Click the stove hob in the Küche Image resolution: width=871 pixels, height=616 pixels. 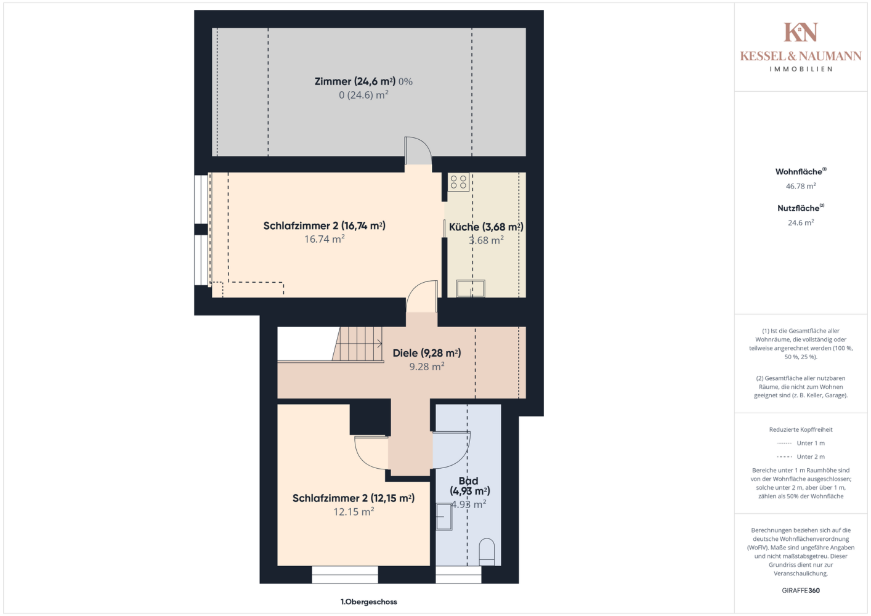pos(458,182)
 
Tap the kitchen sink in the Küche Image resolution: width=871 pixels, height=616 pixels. pos(471,288)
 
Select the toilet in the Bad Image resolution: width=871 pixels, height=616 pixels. pos(487,552)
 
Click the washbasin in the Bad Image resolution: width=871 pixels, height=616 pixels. pos(444,517)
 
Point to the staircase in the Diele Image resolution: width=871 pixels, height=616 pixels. pos(358,344)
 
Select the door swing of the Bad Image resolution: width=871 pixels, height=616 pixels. pos(452,450)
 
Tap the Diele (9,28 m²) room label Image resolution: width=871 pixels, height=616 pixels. pos(426,353)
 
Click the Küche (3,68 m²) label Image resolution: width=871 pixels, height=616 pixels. pos(486,227)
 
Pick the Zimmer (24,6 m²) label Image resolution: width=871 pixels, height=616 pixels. pos(355,81)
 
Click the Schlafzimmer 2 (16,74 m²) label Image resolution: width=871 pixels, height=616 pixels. pos(324,225)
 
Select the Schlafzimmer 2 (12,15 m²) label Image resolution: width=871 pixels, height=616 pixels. pos(354,498)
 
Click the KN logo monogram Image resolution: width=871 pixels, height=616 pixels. pos(801,32)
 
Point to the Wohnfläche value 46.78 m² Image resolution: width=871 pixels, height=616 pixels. pos(801,186)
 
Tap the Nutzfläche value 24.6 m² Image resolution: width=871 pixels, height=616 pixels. pos(801,223)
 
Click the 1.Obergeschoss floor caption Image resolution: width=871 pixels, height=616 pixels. pos(368,602)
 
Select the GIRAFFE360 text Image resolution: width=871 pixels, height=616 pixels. pos(801,590)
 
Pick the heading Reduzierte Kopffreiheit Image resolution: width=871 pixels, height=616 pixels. pos(801,430)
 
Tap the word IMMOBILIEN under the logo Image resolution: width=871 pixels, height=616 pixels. pos(801,69)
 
